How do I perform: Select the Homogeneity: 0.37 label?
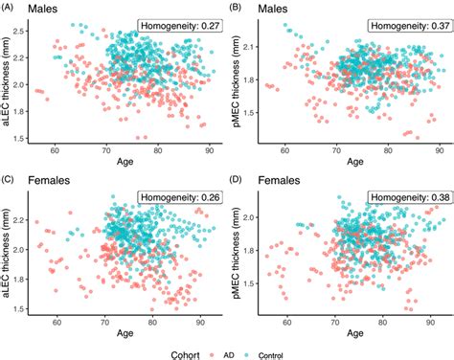click(x=407, y=25)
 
